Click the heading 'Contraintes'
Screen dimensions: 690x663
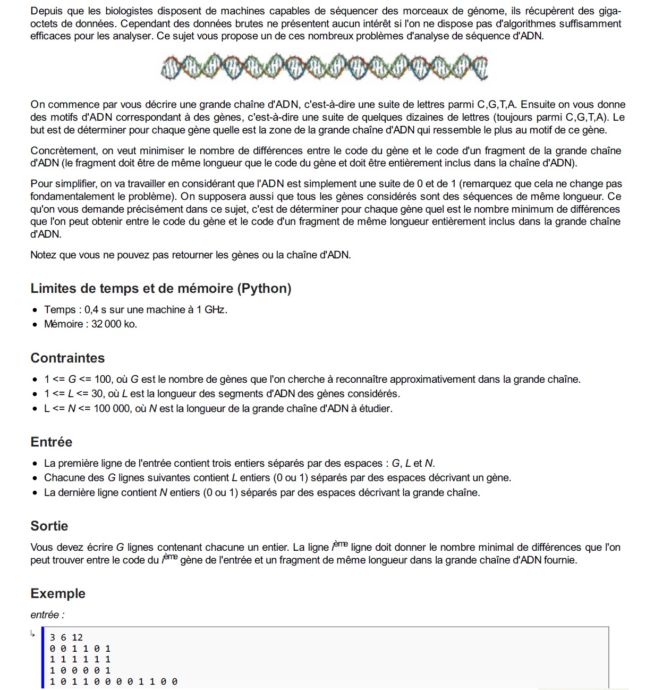(x=67, y=358)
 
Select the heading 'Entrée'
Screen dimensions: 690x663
(x=51, y=442)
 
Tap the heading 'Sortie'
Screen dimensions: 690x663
(x=49, y=526)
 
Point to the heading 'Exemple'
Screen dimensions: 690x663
(x=57, y=593)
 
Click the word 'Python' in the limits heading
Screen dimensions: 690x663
(x=264, y=288)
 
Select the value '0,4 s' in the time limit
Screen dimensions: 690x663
(x=96, y=309)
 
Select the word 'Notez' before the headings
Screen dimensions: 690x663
(x=44, y=255)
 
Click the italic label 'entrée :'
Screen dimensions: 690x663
(x=47, y=615)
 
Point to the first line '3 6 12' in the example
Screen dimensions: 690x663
(x=66, y=637)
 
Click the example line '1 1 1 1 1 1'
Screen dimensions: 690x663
(x=80, y=659)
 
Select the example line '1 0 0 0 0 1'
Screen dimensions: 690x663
(x=80, y=670)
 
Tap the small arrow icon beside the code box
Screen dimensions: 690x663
(x=33, y=634)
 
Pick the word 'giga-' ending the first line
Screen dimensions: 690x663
(x=608, y=11)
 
